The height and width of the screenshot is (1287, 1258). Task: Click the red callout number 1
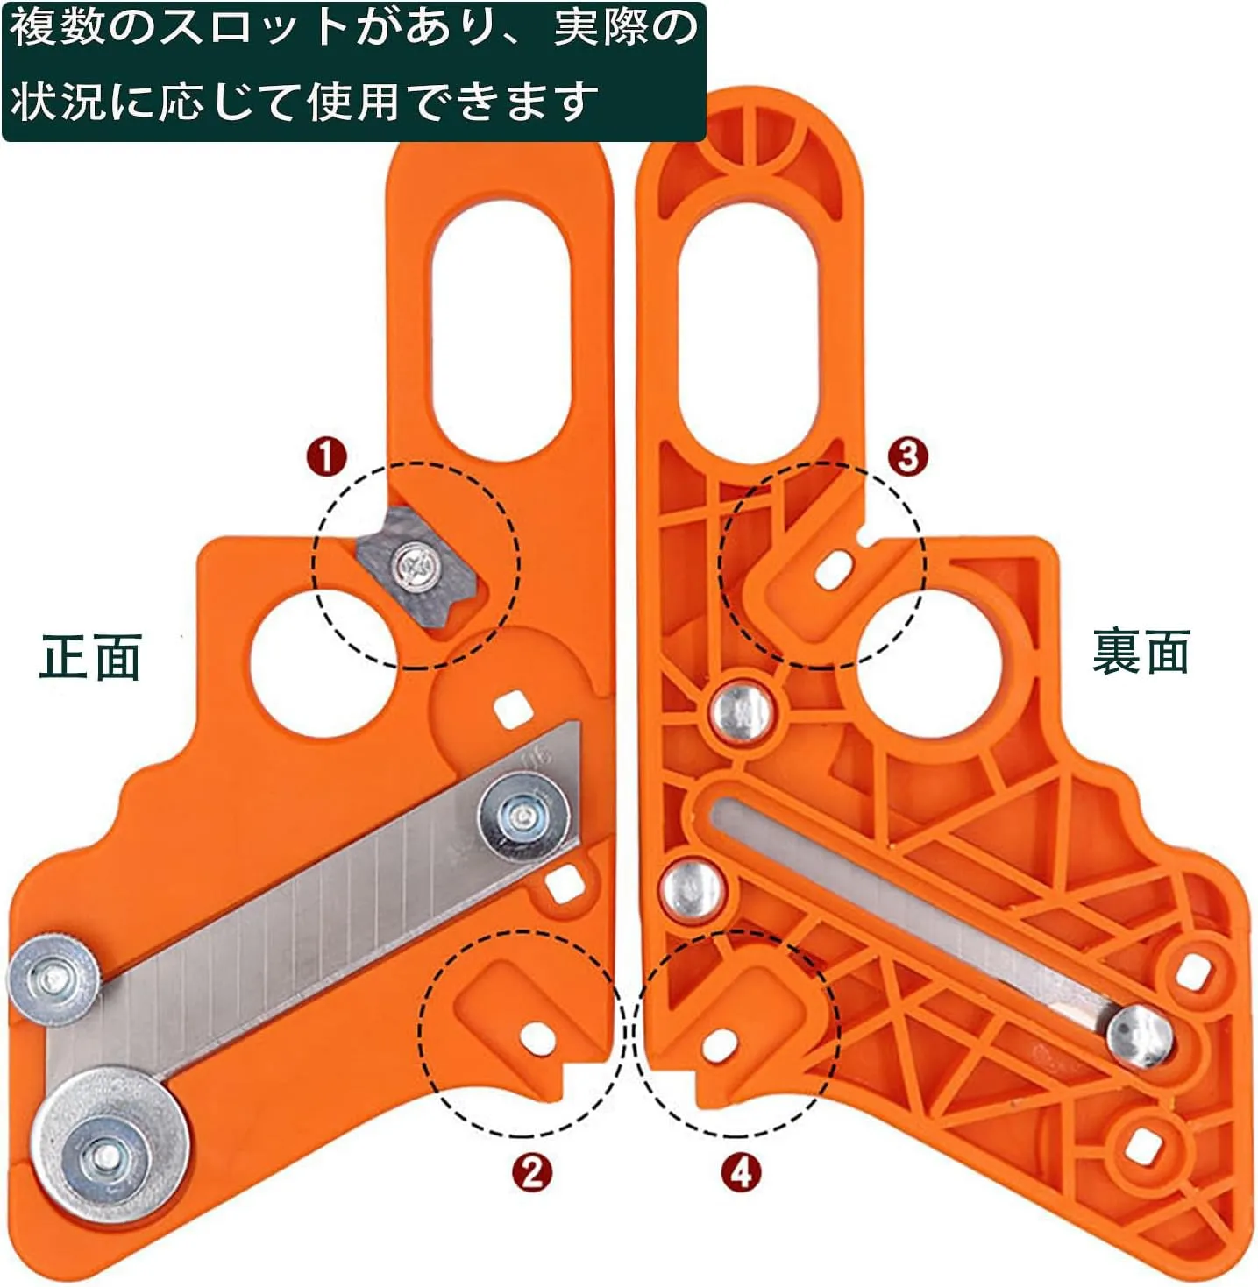[326, 456]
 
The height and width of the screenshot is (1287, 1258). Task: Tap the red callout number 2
[531, 1171]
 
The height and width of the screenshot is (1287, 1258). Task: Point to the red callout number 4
[741, 1171]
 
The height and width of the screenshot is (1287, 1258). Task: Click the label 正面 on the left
[90, 657]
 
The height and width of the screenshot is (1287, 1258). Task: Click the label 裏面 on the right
[1140, 653]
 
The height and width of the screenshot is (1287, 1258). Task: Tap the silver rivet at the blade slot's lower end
[1139, 1037]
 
